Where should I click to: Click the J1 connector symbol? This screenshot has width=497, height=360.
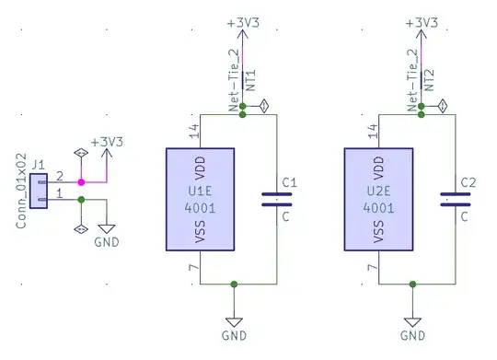pos(38,188)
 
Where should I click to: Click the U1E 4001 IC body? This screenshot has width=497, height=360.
pos(201,199)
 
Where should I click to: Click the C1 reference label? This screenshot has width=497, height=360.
pos(289,183)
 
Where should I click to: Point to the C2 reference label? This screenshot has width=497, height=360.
pos(468,183)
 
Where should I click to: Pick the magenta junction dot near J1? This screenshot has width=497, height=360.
pos(81,180)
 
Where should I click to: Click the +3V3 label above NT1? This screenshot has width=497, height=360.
pos(242,20)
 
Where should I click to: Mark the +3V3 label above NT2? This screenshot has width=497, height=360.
pos(421,20)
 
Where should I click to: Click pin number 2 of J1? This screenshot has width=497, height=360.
pos(59,175)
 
